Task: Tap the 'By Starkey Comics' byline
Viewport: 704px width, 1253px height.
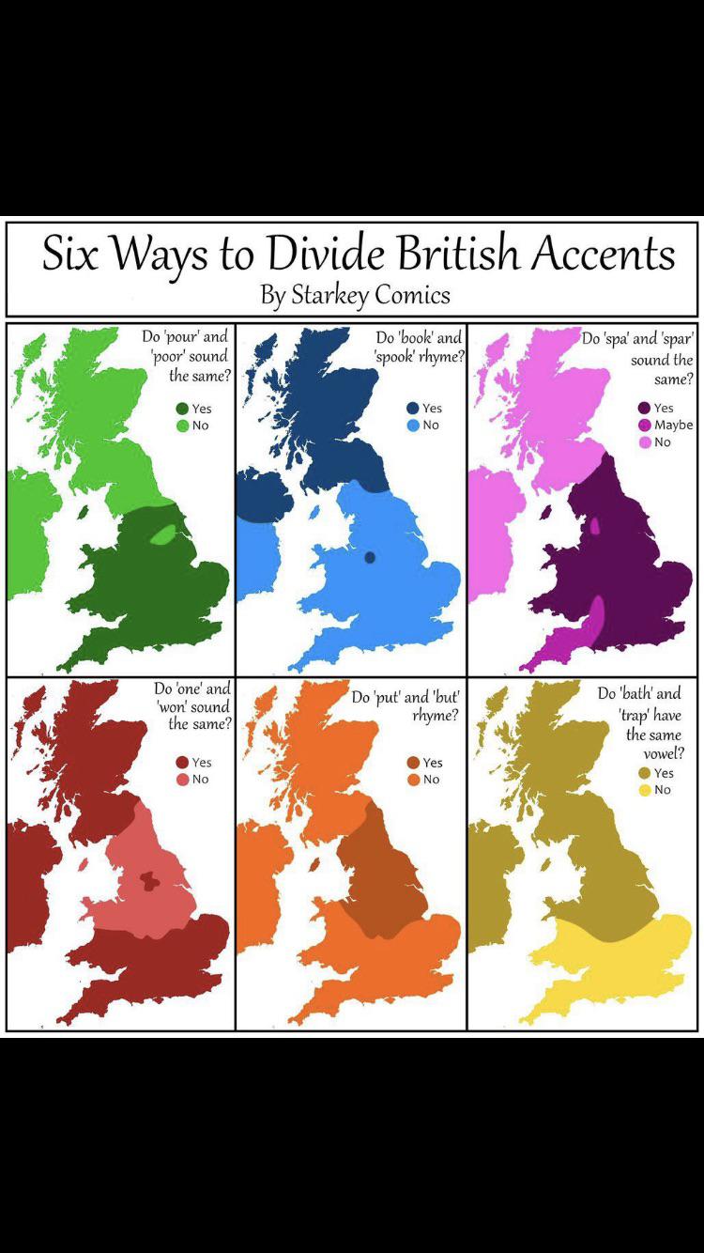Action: tap(355, 295)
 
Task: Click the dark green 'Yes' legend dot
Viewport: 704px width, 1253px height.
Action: tap(181, 409)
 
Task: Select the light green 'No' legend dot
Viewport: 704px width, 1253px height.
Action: tap(181, 425)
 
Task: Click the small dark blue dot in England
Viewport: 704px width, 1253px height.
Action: tap(370, 558)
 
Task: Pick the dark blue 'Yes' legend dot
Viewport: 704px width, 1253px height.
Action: tap(412, 409)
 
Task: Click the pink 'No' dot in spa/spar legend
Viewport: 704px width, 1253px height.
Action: tap(644, 442)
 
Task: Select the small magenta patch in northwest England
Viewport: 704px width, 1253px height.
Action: tap(595, 525)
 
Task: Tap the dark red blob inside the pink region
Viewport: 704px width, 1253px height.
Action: tap(146, 880)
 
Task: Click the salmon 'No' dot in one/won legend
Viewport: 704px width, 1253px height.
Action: tap(182, 780)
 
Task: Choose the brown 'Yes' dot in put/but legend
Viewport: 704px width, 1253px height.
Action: tap(413, 763)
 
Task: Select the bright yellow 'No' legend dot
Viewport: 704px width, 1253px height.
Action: tap(644, 790)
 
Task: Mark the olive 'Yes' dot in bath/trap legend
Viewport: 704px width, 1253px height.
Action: tap(644, 773)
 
